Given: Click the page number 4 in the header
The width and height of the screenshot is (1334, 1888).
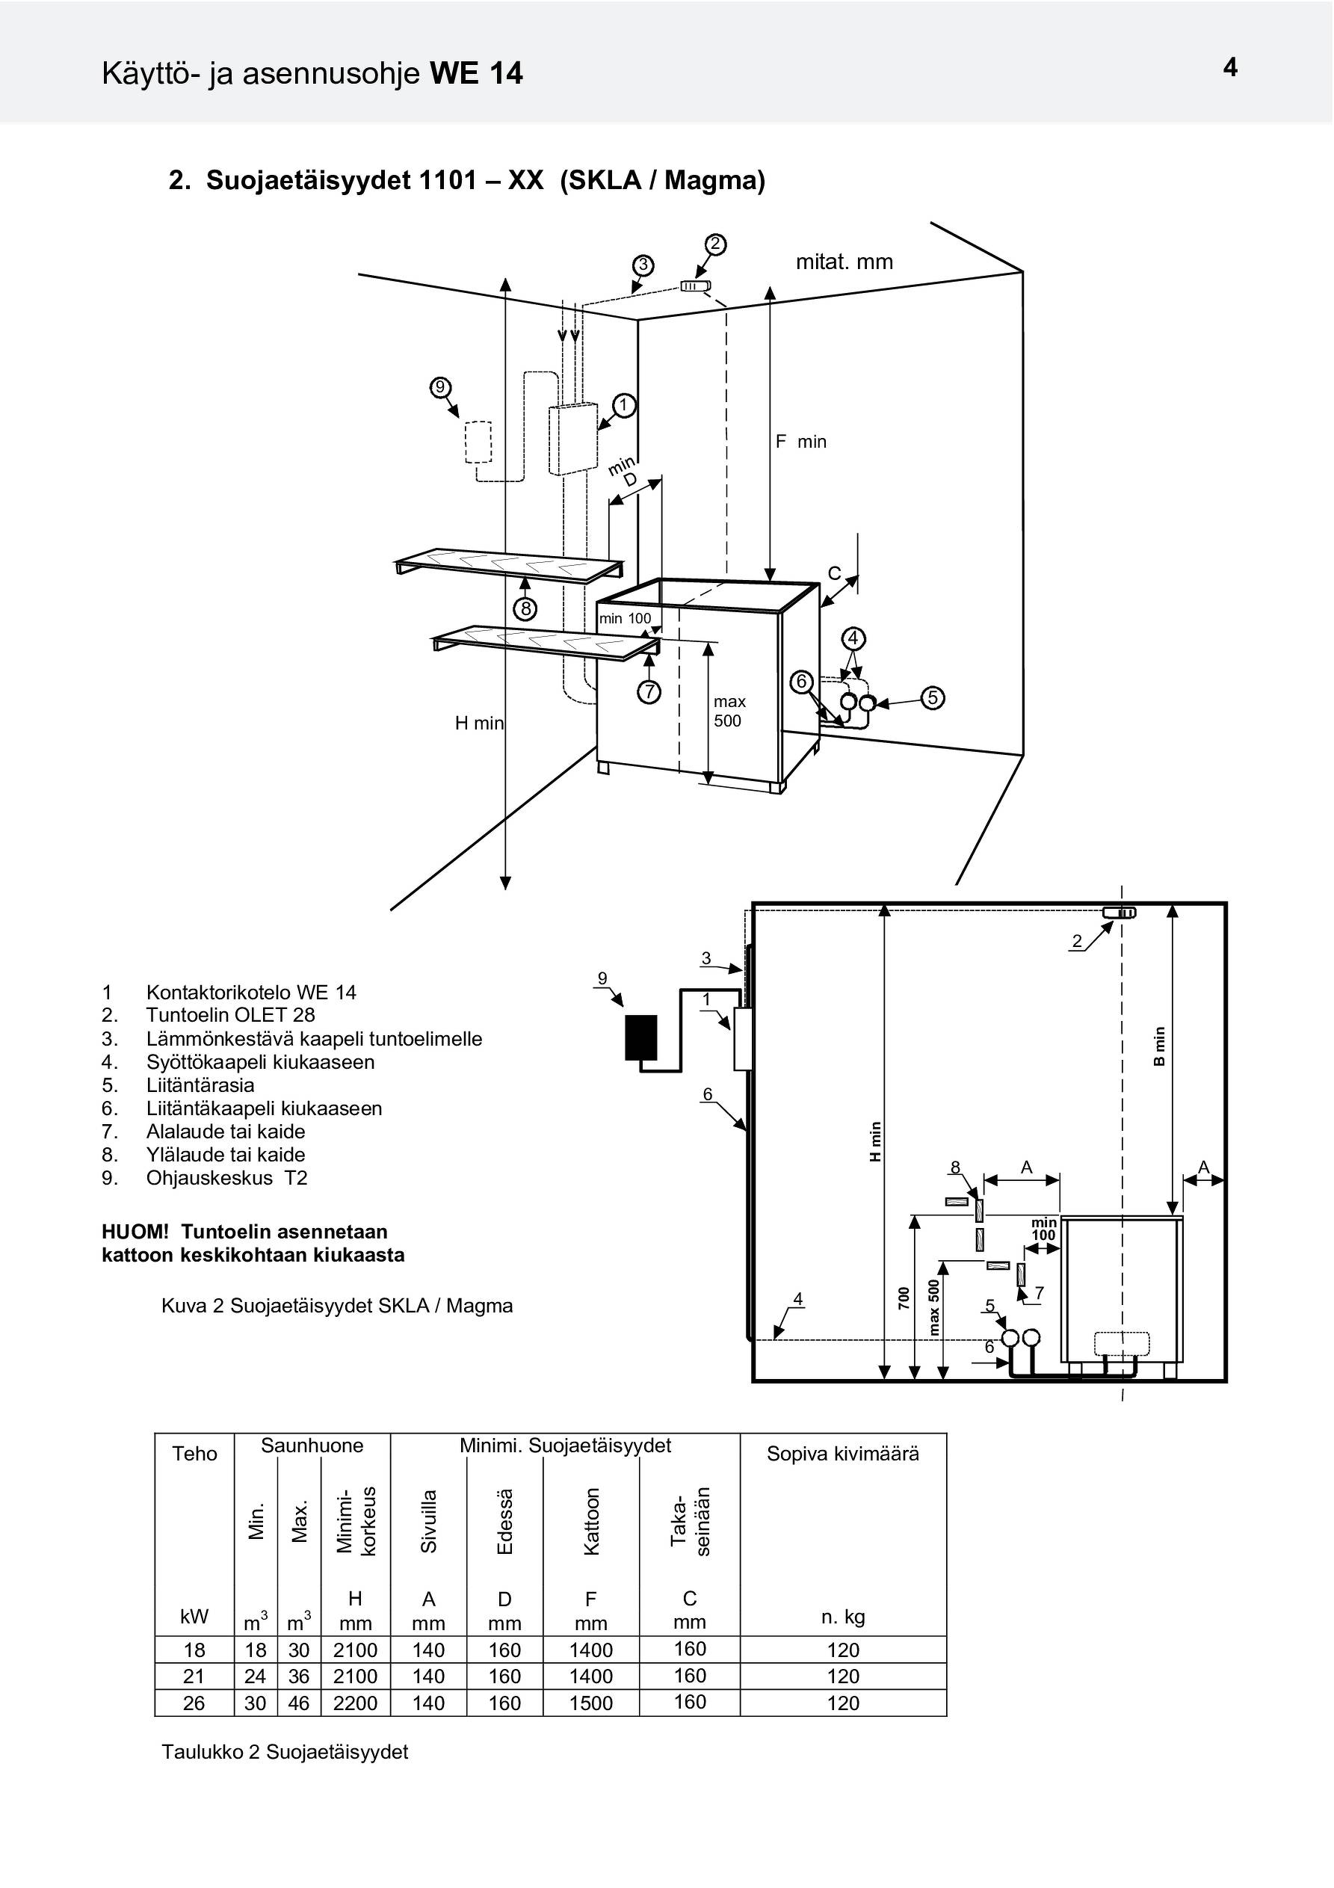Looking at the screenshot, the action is click(1230, 67).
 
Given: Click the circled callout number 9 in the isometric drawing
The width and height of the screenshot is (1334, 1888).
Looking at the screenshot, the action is click(440, 386).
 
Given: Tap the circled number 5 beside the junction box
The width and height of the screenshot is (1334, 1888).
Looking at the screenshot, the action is click(933, 698).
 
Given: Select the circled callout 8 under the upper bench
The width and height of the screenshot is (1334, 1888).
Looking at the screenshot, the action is click(525, 609).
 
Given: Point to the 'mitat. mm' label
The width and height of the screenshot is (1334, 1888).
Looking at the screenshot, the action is click(844, 262).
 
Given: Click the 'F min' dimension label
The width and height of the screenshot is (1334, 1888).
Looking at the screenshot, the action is click(801, 442).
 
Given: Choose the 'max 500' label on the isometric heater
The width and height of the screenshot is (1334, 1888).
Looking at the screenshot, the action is click(729, 712).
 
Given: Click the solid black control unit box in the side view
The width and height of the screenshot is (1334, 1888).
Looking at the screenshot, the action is click(641, 1037).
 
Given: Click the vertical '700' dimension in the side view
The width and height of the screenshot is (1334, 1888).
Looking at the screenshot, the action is click(904, 1298).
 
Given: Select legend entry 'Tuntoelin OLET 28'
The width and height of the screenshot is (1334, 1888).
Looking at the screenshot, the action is click(230, 1016).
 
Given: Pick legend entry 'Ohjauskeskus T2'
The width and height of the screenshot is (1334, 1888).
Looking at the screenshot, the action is click(227, 1179).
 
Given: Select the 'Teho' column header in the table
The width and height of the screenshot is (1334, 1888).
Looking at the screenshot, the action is click(195, 1454).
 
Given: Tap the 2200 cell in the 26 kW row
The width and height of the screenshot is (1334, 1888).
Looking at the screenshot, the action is click(355, 1703).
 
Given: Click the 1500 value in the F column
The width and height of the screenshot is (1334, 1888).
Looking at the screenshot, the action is click(591, 1703).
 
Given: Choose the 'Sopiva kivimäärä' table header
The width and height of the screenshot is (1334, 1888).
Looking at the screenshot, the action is click(843, 1454).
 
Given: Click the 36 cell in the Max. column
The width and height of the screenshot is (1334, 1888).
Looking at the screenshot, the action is click(298, 1676).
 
